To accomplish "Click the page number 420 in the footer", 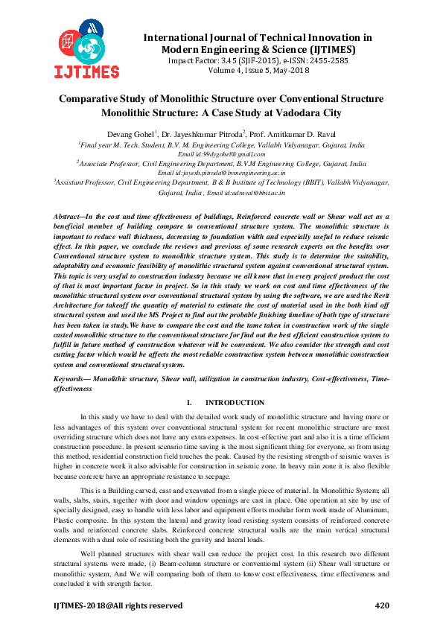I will click(381, 605).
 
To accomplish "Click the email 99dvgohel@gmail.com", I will click(215, 154).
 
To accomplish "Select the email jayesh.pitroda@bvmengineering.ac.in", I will click(222, 172).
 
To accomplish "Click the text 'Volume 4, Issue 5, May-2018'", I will click(247, 72).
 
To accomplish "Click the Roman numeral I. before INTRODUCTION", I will click(190, 402).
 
